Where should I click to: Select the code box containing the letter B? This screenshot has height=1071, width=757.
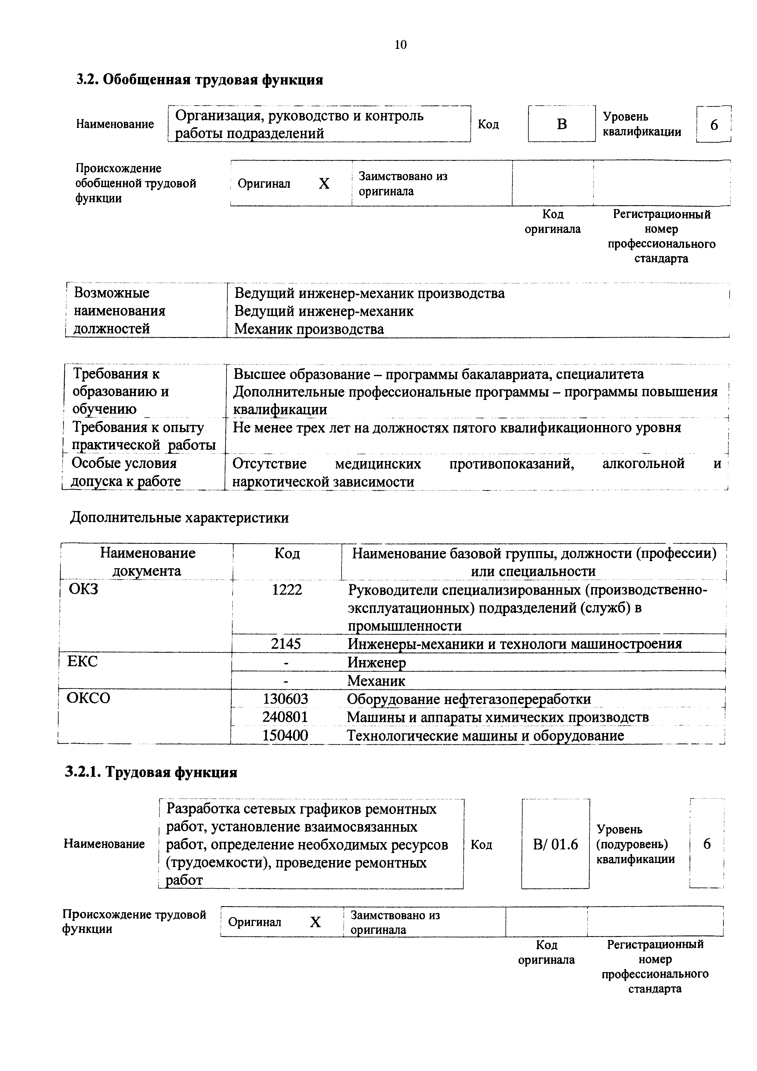tap(562, 124)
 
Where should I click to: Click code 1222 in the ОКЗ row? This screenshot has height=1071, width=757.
tap(287, 590)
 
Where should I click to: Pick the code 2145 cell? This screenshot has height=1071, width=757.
tap(286, 644)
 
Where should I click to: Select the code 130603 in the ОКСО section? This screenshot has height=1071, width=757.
tap(285, 699)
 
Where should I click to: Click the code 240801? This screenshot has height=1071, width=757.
tap(285, 717)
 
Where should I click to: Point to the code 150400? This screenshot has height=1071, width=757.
tap(285, 735)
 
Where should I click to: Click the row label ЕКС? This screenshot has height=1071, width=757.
tap(82, 662)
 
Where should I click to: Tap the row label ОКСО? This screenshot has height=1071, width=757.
tap(89, 698)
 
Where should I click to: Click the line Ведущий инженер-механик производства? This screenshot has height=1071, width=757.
tap(369, 293)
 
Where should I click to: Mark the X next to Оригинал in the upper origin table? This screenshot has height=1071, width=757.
tap(324, 184)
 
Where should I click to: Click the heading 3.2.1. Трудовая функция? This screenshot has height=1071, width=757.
tap(151, 772)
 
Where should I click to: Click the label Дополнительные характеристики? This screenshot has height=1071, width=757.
tap(179, 518)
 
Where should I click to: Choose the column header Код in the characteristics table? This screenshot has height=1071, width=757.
tap(287, 554)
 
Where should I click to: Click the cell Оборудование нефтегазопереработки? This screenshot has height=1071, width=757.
tap(469, 699)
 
